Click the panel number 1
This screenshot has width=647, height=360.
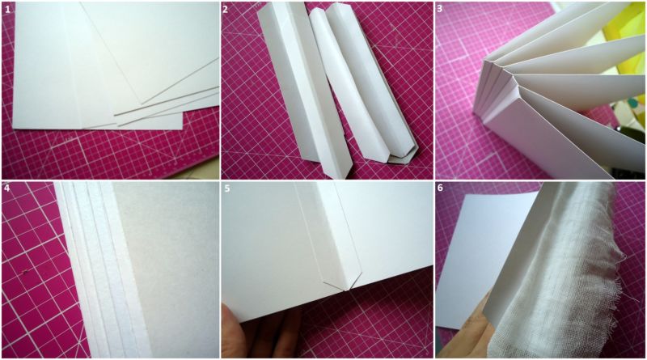7,10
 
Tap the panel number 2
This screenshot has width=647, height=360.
225,10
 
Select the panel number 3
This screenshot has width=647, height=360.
440,9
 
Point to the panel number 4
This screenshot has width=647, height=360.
7,188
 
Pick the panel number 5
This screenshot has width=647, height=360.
227,188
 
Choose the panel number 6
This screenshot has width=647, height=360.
440,188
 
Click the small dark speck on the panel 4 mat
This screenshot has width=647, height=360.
27,272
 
